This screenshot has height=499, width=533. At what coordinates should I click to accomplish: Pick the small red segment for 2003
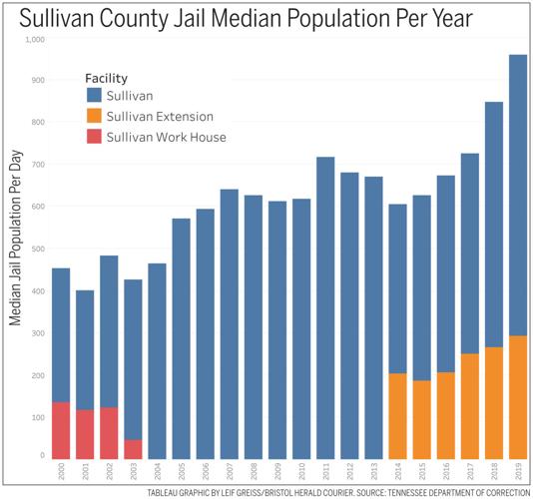pyautogui.click(x=133, y=448)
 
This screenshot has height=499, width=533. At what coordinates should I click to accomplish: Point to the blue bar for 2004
pyautogui.click(x=157, y=360)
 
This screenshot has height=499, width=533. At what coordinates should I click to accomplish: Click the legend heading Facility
pyautogui.click(x=106, y=78)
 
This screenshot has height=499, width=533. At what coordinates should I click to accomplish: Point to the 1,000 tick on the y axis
pyautogui.click(x=35, y=39)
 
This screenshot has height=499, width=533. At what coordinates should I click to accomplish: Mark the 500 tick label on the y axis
pyautogui.click(x=37, y=249)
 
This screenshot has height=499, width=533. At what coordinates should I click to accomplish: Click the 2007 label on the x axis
pyautogui.click(x=229, y=471)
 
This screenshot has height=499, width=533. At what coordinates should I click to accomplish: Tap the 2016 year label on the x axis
pyautogui.click(x=445, y=471)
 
